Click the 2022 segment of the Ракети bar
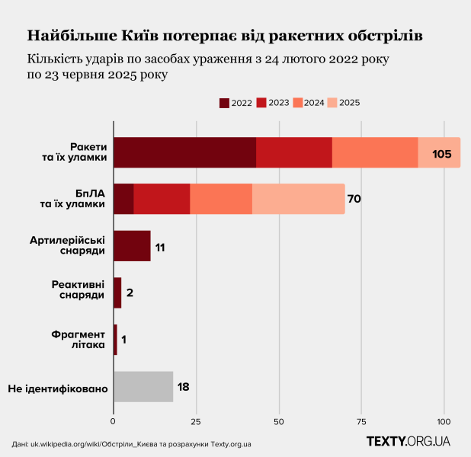(184, 152)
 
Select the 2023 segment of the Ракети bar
(294, 152)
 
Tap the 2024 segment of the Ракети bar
(375, 152)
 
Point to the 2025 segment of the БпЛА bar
(298, 199)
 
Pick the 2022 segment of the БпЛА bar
(123, 199)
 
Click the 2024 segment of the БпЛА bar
(221, 199)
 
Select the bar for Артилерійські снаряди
(132, 246)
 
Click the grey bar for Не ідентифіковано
(143, 387)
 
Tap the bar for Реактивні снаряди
(117, 293)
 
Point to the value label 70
(354, 200)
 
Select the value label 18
(183, 387)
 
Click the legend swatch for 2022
(225, 103)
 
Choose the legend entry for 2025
(343, 103)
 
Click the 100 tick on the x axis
(444, 420)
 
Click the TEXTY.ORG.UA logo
(408, 441)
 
